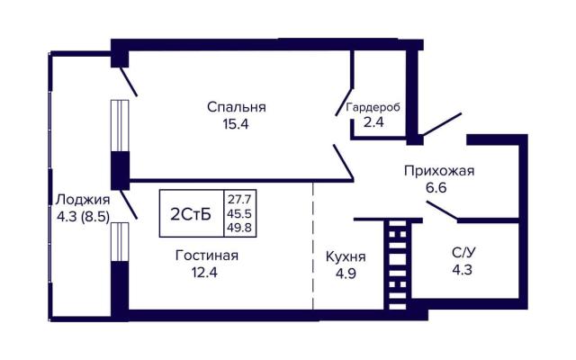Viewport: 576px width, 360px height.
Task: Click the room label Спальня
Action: (x=236, y=107)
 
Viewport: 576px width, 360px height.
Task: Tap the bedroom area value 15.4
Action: (x=236, y=124)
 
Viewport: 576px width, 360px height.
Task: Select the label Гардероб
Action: (x=373, y=108)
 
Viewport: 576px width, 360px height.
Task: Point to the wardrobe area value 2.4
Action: (x=373, y=122)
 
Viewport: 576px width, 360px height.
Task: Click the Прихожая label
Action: (x=439, y=171)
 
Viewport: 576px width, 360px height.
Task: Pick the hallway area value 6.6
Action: (x=436, y=188)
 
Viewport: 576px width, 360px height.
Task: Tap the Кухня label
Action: (x=346, y=256)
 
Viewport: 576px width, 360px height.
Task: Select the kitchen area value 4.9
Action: (x=346, y=274)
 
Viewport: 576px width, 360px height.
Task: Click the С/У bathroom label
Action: (x=463, y=253)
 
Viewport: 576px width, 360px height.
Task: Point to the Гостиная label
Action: (x=207, y=256)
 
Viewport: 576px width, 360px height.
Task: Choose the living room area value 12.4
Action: (x=204, y=272)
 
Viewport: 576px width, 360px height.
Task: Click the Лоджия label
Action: (x=83, y=200)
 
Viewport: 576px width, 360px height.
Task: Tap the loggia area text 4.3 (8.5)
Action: (x=83, y=217)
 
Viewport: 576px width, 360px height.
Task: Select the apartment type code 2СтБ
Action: (x=191, y=214)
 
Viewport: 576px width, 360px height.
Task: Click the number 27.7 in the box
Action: (x=239, y=200)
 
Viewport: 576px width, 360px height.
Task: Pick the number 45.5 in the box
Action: (x=239, y=213)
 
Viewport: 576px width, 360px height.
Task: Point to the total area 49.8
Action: (x=239, y=228)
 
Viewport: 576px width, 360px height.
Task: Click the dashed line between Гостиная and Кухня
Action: (x=313, y=246)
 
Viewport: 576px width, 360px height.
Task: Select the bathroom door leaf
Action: (x=442, y=211)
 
